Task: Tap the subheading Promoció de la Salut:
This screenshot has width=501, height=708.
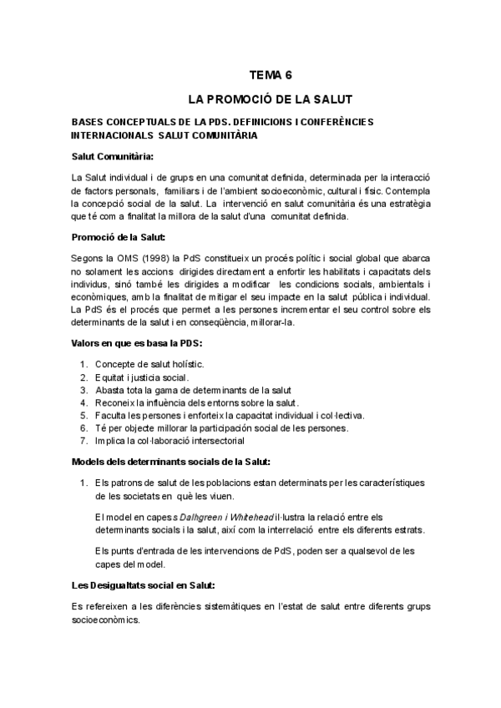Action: [x=118, y=237]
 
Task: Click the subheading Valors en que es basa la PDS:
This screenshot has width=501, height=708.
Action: [x=137, y=343]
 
